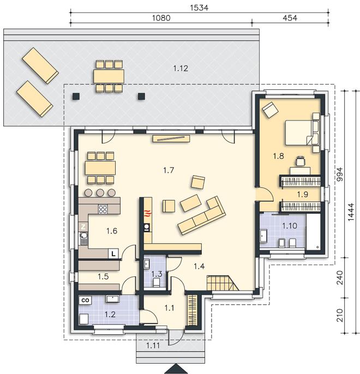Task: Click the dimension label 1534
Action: coord(199,8)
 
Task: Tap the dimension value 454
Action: coord(290,18)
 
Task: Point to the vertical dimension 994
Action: coord(340,174)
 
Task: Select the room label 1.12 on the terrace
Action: coord(181,69)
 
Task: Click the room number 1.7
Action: coord(169,170)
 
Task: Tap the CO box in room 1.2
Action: coord(85,300)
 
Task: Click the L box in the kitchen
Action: coord(113,254)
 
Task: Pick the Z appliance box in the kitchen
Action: coord(83,227)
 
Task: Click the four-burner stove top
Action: coord(103,209)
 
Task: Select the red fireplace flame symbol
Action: coord(147,213)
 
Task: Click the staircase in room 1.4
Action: coord(223,283)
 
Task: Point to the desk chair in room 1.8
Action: coord(301,161)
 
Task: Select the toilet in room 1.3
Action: coord(157,282)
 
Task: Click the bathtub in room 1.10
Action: coord(313,232)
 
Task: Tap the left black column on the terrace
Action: coord(76,96)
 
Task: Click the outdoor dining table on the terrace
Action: coord(109,76)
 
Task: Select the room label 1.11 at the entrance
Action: coord(153,346)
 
